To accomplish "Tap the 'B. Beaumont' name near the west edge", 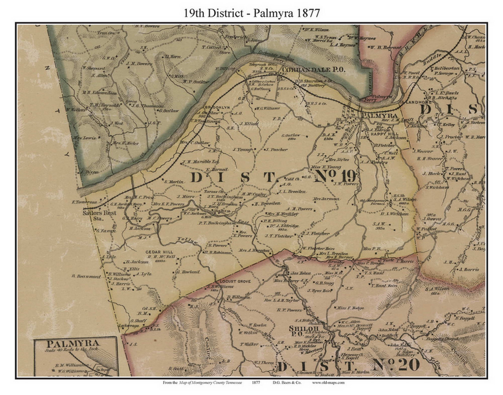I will pyautogui.click(x=86, y=276).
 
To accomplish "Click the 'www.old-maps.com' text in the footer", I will pyautogui.click(x=329, y=382).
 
